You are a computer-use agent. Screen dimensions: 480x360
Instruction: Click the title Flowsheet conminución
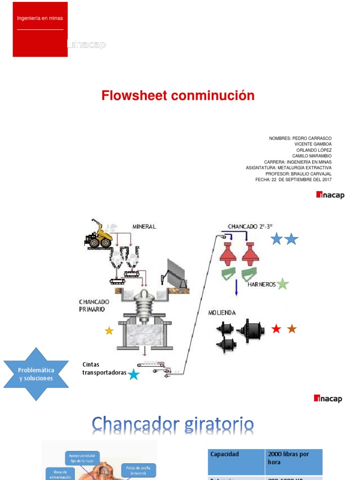[178, 96]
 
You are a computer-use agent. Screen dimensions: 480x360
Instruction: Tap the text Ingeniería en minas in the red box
[40, 18]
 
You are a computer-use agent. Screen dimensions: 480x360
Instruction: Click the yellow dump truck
[99, 234]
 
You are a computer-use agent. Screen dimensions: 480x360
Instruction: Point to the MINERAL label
[144, 226]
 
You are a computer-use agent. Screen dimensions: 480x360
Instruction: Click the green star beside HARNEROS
[282, 284]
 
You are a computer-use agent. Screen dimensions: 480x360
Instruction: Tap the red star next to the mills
[277, 329]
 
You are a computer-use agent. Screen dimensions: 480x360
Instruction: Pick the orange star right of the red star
[292, 329]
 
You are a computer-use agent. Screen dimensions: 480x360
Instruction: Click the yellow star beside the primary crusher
[109, 331]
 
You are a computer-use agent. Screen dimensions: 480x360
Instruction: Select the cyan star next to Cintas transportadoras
[134, 374]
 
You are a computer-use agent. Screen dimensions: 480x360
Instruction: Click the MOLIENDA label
[222, 313]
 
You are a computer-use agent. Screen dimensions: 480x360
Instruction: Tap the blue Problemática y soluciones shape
[36, 374]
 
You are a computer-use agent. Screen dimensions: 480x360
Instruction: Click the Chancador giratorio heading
[173, 425]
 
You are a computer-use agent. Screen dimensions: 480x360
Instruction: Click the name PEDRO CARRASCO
[312, 138]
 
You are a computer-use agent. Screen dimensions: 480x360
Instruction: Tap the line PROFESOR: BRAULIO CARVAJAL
[301, 173]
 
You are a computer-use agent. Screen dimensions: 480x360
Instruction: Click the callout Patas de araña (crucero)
[138, 470]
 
